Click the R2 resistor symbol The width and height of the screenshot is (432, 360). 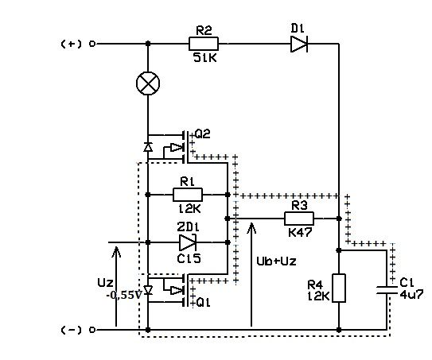[x=204, y=44]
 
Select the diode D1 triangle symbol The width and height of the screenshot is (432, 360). [x=299, y=44]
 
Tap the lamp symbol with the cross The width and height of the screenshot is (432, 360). [x=148, y=83]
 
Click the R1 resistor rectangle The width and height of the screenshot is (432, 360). [x=188, y=195]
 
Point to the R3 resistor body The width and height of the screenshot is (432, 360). [x=299, y=219]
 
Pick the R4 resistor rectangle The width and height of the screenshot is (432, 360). [x=339, y=288]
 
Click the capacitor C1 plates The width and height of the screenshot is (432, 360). [x=387, y=290]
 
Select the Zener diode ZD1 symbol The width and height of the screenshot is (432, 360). [x=188, y=242]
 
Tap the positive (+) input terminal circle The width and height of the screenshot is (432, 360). [x=92, y=44]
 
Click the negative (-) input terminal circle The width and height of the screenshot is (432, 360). [x=92, y=330]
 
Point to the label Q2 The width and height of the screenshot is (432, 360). [x=203, y=134]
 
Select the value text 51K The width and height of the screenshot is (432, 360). [x=205, y=58]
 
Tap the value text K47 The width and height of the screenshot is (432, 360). [x=300, y=233]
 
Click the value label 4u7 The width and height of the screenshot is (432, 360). [x=411, y=295]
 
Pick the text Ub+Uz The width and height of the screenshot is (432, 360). [x=276, y=261]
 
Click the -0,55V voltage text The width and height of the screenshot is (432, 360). [x=124, y=296]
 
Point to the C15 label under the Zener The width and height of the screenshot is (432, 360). [x=189, y=258]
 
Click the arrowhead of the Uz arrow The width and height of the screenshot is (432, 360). [x=116, y=252]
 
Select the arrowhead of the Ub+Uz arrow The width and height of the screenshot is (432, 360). [x=251, y=228]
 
